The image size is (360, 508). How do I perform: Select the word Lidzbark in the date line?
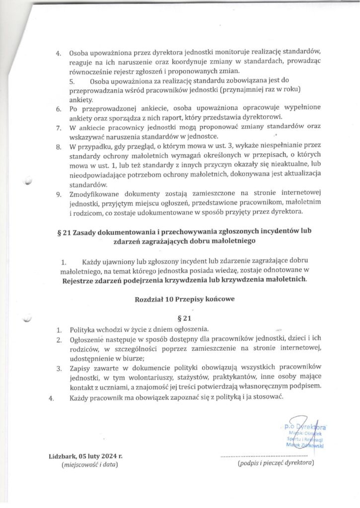tap(64, 455)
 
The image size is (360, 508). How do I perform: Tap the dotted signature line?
tap(265, 455)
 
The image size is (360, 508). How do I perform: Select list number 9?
tap(58, 194)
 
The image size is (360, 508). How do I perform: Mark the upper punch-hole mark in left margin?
tap(28, 182)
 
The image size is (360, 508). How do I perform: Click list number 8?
tap(58, 147)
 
